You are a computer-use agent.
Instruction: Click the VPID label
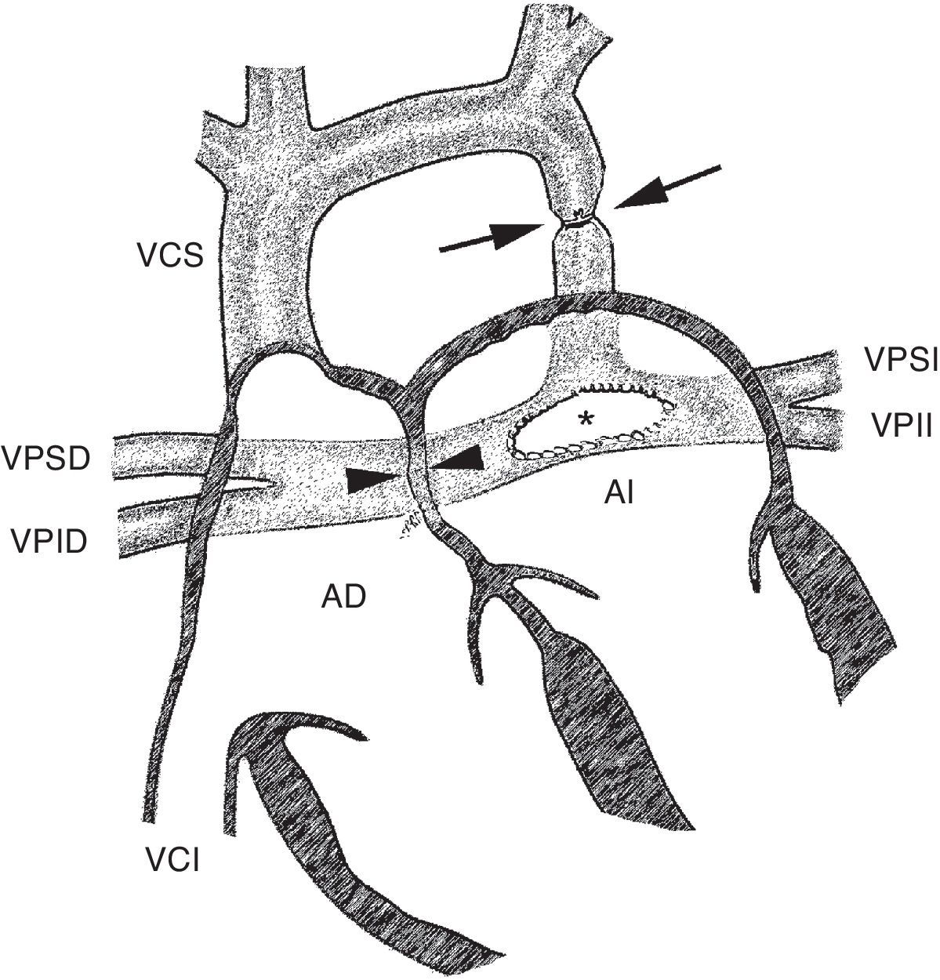[49, 540]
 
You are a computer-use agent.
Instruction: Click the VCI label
[172, 862]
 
